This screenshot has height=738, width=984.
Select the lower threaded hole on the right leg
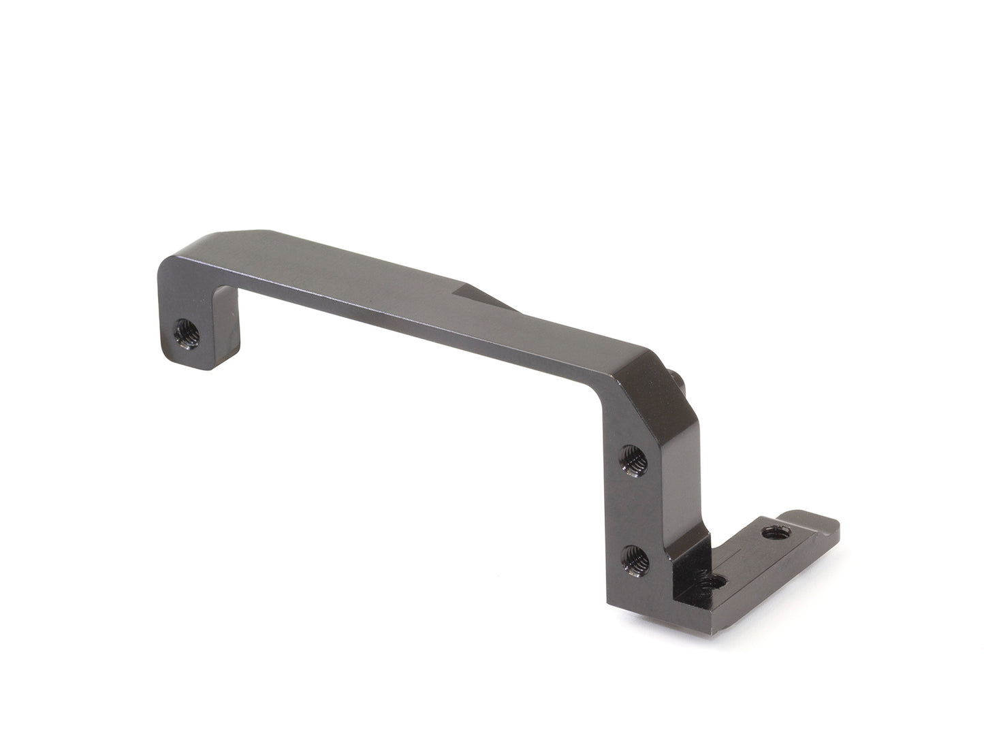point(635,560)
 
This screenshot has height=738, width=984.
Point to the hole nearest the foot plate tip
point(772,532)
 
